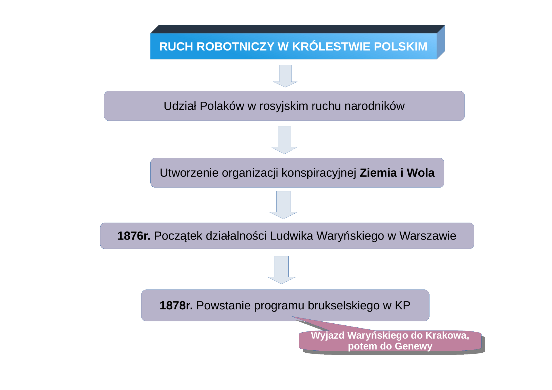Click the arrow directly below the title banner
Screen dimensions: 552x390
285,76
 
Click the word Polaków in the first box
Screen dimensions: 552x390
222,106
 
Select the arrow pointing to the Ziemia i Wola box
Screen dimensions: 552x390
284,140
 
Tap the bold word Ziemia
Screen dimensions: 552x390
378,173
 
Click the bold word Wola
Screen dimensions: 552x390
421,173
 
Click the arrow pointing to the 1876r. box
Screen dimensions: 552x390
283,205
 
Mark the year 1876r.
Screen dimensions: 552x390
134,236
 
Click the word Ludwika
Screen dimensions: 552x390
292,236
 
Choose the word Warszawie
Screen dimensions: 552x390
428,236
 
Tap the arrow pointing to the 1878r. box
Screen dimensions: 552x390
281,270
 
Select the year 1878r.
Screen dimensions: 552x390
176,305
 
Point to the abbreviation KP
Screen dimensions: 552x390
402,305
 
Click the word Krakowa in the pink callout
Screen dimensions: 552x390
447,335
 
